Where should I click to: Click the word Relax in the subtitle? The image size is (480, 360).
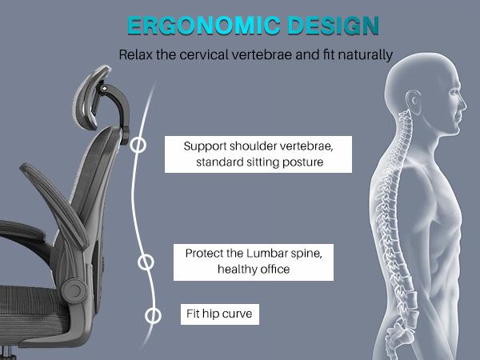coord(137,56)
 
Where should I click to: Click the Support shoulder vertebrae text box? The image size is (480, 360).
coord(247,154)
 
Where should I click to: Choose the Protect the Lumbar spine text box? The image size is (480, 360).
coord(253,262)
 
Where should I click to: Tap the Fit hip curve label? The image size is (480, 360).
coord(220,314)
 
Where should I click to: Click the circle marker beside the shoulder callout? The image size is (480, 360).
coord(138,146)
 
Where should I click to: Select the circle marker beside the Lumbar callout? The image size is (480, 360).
coord(146,262)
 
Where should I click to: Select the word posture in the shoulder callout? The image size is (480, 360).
coord(304,162)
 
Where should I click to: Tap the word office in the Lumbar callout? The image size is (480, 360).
coord(273,270)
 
